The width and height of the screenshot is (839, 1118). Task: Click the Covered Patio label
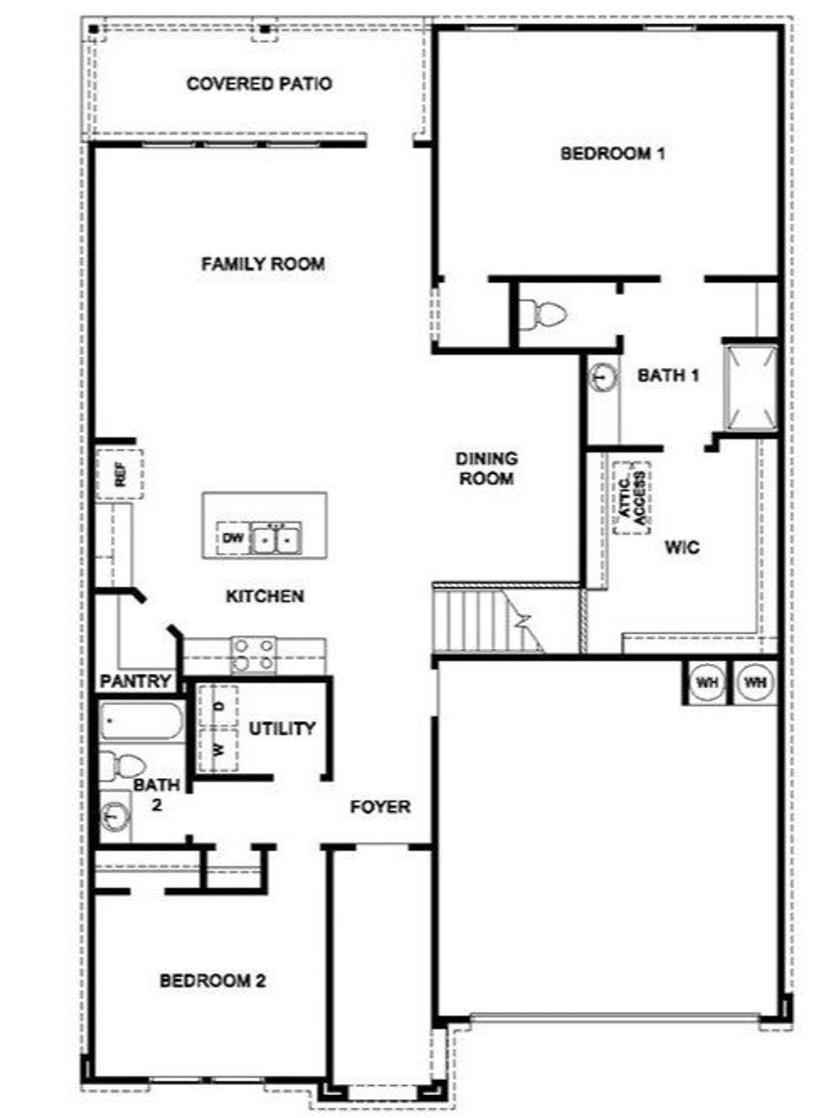click(x=259, y=84)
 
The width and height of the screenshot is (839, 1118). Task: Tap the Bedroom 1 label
click(x=613, y=154)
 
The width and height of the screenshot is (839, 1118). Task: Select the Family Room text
click(x=263, y=264)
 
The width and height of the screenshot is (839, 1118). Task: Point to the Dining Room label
click(x=486, y=469)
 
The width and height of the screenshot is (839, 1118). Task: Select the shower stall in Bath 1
click(x=749, y=388)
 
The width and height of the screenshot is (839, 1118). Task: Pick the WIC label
click(x=682, y=547)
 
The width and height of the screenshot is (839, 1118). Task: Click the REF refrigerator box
click(x=119, y=474)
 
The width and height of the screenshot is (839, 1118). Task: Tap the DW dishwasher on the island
click(x=233, y=539)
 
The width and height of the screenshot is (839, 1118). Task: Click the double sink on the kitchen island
click(x=276, y=539)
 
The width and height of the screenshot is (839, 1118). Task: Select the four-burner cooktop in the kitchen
click(x=253, y=655)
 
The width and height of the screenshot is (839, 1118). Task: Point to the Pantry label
click(x=136, y=682)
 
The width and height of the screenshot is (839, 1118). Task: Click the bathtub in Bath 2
click(x=140, y=721)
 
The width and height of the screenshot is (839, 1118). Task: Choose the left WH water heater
click(x=707, y=683)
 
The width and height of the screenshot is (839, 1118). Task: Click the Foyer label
click(x=380, y=807)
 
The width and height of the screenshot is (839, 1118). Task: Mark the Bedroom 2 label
click(x=213, y=981)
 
